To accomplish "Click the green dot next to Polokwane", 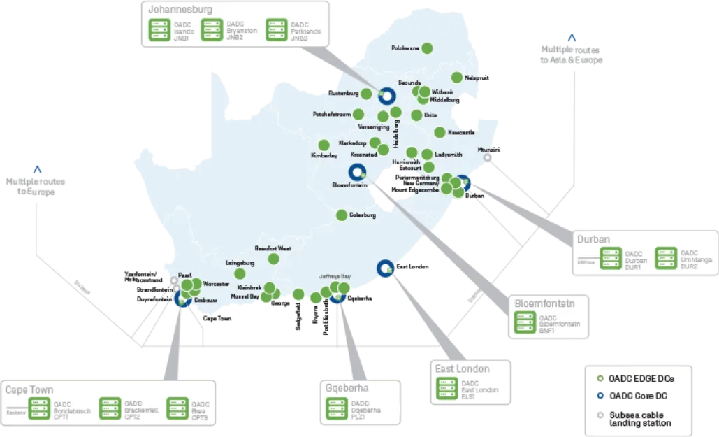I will click(426, 48).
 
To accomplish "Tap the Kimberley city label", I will click(324, 155).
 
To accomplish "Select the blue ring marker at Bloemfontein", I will click(356, 172).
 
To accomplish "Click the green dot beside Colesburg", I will click(342, 215).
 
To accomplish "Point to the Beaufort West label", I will click(273, 248).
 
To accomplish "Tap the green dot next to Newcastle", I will click(440, 132).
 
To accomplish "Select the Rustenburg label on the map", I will click(343, 93).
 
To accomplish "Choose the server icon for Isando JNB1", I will click(161, 30).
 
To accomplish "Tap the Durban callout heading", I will click(593, 239).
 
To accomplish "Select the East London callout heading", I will click(461, 368).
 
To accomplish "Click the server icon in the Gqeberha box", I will click(337, 408).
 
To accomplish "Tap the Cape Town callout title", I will click(29, 389).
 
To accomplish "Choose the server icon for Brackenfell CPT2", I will click(110, 408).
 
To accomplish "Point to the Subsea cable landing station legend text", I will click(640, 418).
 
